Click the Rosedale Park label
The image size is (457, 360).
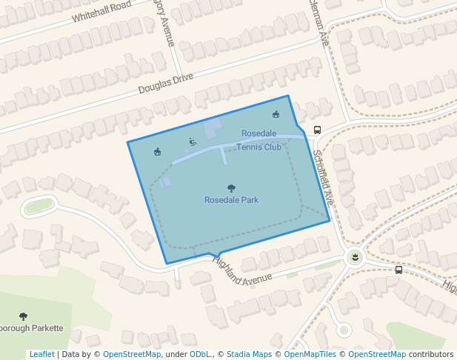[231, 200]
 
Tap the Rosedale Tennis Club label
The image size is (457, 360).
[259, 140]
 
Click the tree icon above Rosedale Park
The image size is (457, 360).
[231, 188]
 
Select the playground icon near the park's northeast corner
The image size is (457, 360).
[276, 114]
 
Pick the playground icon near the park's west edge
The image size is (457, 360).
[157, 152]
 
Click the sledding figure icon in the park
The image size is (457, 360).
[193, 141]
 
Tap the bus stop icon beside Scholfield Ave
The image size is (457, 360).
[318, 130]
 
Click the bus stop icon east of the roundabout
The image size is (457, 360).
[399, 270]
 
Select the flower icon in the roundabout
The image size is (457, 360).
[356, 256]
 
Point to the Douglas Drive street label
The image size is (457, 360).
[165, 84]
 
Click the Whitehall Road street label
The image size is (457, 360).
[101, 11]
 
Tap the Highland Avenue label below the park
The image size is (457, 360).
[242, 270]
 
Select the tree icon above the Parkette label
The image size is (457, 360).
[23, 316]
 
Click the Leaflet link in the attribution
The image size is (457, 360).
[41, 354]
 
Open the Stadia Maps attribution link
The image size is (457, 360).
[249, 354]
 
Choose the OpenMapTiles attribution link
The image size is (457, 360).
[310, 354]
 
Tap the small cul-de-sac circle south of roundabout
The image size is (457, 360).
[342, 329]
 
